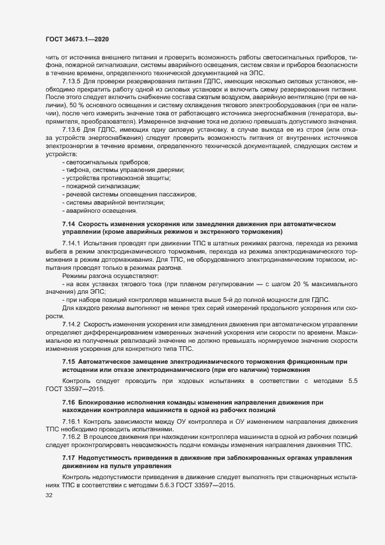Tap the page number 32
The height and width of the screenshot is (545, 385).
tap(40, 495)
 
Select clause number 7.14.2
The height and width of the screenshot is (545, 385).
tap(71, 324)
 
